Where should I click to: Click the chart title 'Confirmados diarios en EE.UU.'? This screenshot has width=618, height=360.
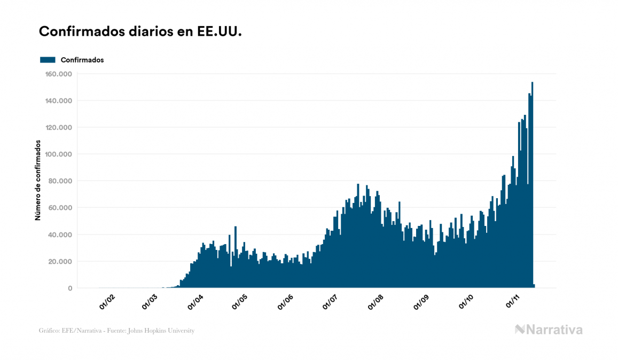point(140,32)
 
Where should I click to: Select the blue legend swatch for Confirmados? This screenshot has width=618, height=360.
point(48,60)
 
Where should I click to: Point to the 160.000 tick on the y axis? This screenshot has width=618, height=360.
point(59,74)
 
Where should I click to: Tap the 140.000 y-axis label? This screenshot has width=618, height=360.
point(59,100)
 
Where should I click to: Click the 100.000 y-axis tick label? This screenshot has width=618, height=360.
point(59,154)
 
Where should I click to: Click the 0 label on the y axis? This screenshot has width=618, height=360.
point(69,288)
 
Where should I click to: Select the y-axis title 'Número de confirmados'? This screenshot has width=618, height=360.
point(38,180)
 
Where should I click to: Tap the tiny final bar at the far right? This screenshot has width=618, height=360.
point(534,286)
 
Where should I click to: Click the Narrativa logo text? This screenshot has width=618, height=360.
point(554,330)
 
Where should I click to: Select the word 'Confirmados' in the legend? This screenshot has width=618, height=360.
point(82,60)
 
